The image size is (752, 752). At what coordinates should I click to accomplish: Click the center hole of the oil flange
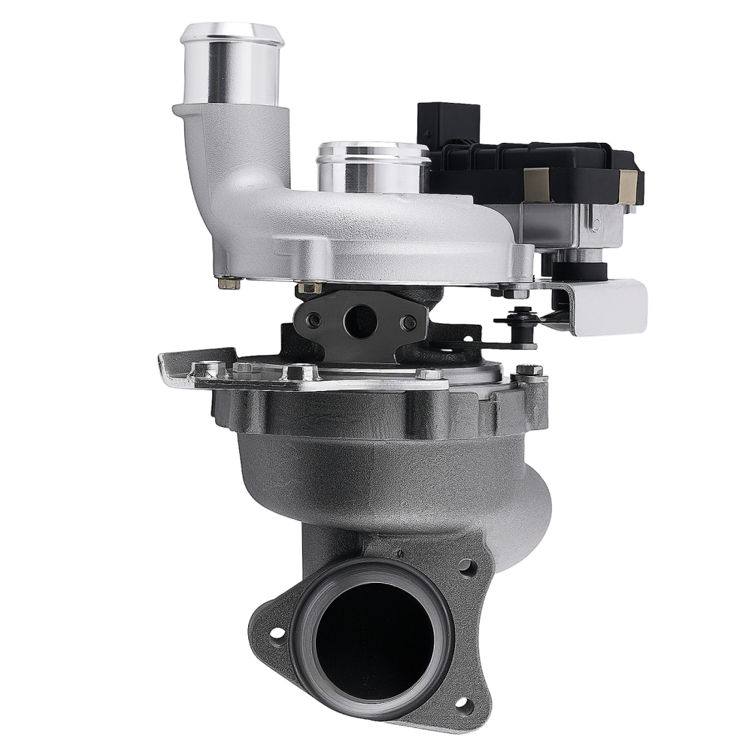click(359, 321)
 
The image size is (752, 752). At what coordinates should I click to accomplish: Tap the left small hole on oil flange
click(314, 320)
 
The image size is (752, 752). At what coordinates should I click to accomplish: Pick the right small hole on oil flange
click(408, 323)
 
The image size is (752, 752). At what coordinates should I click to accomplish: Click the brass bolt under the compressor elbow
click(229, 283)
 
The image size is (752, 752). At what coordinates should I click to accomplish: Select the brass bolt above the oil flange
click(309, 287)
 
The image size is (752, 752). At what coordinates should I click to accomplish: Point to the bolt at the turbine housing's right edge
click(529, 371)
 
